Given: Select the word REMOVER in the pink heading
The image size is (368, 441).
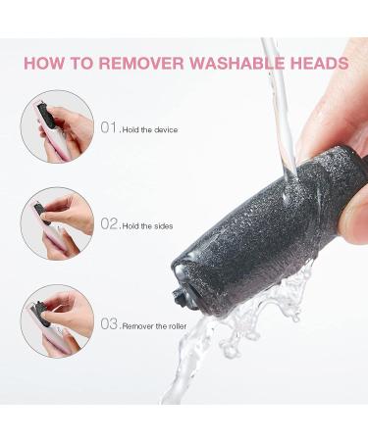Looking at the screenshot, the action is (141, 64).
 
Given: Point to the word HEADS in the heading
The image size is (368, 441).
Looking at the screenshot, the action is (320, 64).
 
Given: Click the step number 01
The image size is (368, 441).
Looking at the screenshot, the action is (109, 127).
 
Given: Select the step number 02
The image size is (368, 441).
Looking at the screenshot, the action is (109, 223).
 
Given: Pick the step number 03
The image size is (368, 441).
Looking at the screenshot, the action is (109, 323).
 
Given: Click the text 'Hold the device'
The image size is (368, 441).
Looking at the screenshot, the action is (150, 130).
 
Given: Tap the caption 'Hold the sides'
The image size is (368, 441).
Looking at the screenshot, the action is (147, 226).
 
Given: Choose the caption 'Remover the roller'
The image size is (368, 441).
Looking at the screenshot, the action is (154, 326).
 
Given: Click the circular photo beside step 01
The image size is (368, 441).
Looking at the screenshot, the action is (57, 126).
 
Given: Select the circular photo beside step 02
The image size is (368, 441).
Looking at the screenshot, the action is (57, 223).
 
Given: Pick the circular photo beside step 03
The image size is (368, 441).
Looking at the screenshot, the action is (57, 321).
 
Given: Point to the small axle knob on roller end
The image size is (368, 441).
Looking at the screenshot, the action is (180, 295).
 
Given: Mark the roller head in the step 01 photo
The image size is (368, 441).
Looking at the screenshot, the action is (43, 117).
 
